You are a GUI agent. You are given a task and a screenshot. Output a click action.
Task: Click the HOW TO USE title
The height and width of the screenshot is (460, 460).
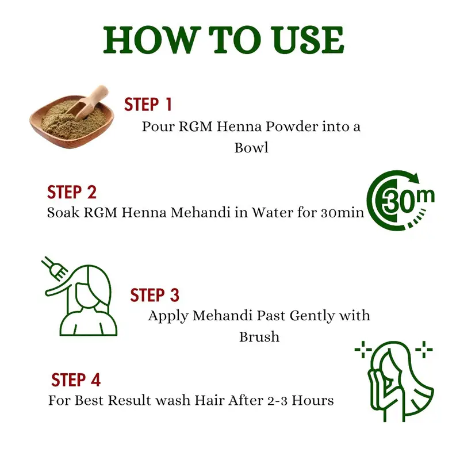point(223,40)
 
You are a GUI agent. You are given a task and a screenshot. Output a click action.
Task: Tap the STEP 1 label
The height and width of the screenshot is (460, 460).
point(148,105)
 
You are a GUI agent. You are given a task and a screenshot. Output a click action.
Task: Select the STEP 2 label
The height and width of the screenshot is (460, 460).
point(72,193)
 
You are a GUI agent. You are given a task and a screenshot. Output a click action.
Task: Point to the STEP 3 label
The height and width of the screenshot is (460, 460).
point(155,295)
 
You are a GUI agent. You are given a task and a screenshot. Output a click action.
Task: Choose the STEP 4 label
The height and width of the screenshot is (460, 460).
point(76,380)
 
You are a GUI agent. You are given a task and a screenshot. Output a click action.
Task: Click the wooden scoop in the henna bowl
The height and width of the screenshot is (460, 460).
point(88,103)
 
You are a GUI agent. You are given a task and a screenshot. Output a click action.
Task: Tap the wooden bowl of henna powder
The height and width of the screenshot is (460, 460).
point(71,121)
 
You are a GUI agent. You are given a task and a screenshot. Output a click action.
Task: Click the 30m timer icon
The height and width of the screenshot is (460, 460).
point(400,201)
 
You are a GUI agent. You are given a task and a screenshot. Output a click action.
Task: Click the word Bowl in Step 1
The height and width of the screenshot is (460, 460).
point(251,148)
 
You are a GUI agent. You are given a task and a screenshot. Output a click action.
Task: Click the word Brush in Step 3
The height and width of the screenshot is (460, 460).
point(259,337)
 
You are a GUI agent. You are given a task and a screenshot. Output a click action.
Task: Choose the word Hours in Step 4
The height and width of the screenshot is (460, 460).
point(313,400)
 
